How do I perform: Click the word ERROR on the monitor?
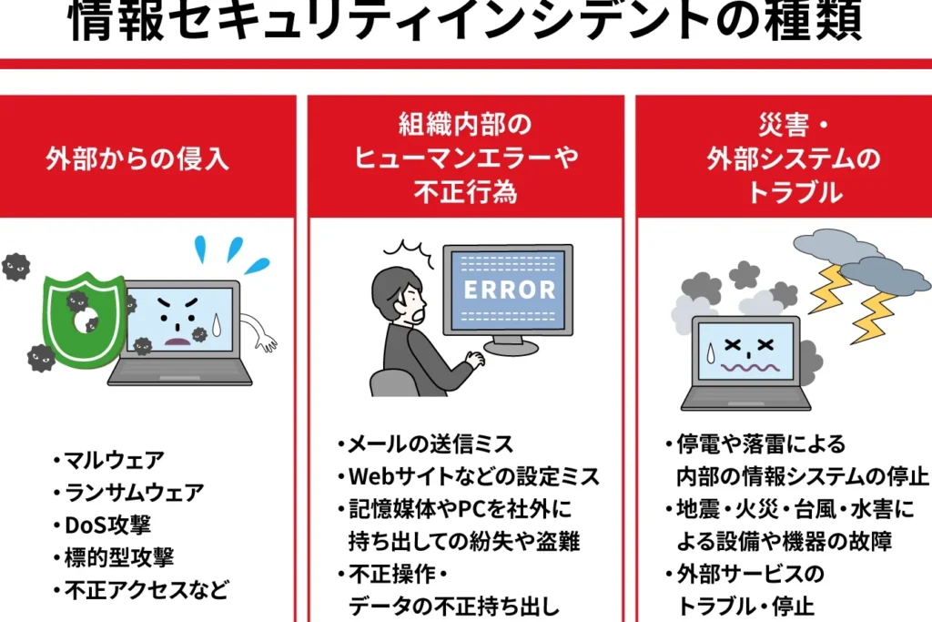point(510,290)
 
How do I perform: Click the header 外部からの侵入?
point(138,158)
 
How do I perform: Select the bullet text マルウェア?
point(114,460)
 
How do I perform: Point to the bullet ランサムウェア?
point(134,493)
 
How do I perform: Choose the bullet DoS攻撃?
point(107,525)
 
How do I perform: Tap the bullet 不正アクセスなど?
point(147,590)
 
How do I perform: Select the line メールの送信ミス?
point(431,444)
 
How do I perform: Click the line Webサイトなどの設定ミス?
point(473,476)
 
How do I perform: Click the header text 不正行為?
point(466,193)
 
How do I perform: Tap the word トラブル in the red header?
point(794,193)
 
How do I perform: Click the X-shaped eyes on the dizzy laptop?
point(749,345)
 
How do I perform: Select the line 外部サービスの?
point(750,574)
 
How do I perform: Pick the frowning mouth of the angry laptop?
point(177,341)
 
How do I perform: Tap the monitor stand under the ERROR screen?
point(511,344)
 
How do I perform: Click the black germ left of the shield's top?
point(15,267)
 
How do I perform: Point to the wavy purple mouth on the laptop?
point(750,368)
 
